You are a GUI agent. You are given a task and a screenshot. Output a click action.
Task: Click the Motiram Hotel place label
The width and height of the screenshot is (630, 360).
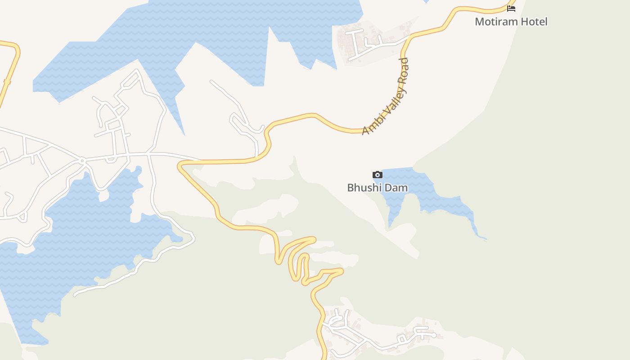point(511,22)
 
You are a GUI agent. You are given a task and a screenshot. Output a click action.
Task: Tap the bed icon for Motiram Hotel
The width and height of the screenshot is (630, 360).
point(511,8)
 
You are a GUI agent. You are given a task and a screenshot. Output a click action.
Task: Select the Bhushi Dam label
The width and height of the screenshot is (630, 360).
point(378,187)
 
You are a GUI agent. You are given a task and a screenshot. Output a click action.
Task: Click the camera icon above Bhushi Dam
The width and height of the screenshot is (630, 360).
point(378,175)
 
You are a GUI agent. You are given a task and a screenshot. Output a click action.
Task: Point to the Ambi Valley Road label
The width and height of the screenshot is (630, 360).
point(386,96)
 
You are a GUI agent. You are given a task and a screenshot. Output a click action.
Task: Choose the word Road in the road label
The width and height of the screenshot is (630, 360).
point(403,68)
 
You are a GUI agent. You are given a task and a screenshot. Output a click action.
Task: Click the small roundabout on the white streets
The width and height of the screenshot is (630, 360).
point(82,160)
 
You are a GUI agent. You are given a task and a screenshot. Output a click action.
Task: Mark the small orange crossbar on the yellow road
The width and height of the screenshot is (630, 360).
point(7,81)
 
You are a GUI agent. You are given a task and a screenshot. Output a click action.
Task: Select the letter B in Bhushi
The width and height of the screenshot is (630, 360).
point(351,187)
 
